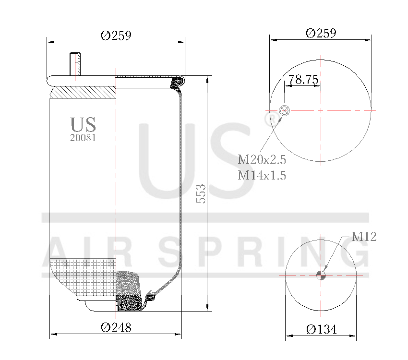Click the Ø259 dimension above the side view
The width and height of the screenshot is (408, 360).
click(116, 35)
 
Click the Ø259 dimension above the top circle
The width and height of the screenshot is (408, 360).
click(321, 33)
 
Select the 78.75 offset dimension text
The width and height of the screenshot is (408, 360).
click(303, 80)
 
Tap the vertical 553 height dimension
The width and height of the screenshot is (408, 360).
click(202, 193)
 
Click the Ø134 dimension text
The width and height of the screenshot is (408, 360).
click(321, 329)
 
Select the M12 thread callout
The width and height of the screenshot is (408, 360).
click(363, 236)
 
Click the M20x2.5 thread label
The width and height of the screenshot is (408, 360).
click(262, 159)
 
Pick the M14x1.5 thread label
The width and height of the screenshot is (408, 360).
click(262, 175)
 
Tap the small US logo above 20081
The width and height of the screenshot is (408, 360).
click(83, 124)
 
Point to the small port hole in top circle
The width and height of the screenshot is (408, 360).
click(284, 111)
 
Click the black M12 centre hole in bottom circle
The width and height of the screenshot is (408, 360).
click(321, 275)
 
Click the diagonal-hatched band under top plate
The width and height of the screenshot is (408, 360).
click(84, 92)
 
